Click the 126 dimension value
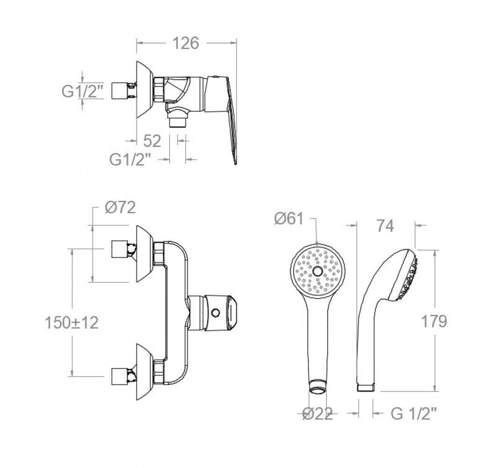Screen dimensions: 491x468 pos(186,43)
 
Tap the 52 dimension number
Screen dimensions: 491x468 pos(152,141)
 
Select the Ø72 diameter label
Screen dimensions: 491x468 pos(120,207)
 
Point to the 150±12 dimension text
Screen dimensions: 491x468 pos(72,322)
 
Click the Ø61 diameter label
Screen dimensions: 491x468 pos(289,219)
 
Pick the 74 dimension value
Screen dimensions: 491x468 pos(385,226)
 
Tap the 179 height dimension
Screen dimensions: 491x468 pos(433,322)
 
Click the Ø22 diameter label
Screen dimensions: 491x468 pos(318,414)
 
